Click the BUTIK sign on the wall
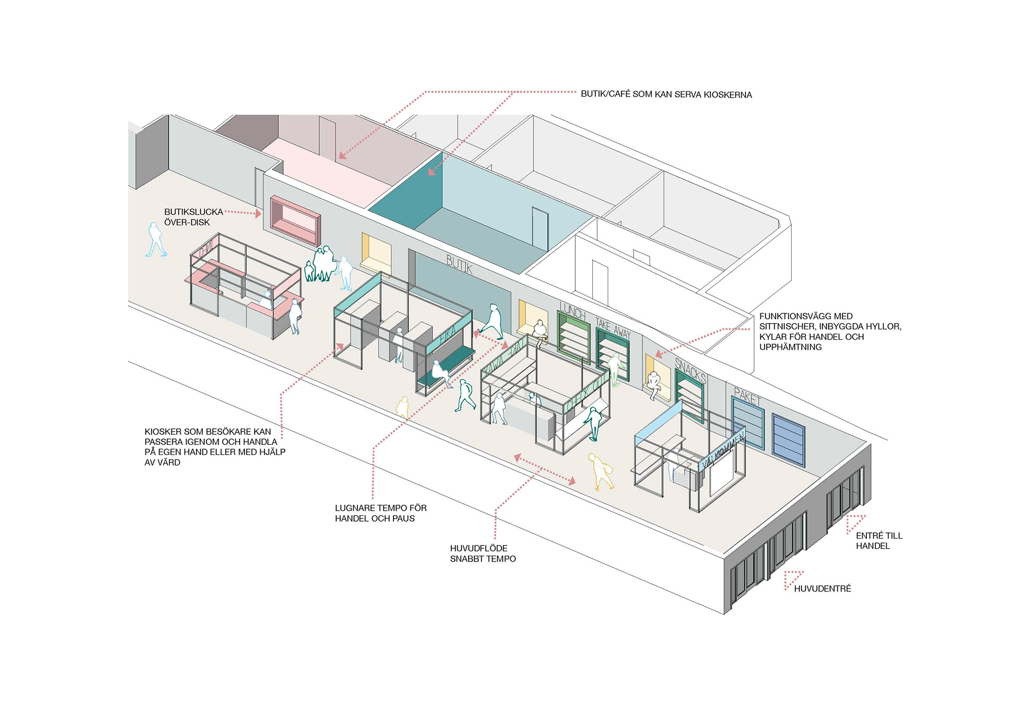coord(459,264)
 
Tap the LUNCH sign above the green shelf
coord(572,311)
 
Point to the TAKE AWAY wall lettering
coord(613,328)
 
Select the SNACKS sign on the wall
coord(690,370)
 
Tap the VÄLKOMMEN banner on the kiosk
coord(723,450)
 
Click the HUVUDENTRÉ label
coord(822,589)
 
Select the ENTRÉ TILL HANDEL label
coord(879,541)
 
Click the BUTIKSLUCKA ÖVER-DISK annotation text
coord(193,217)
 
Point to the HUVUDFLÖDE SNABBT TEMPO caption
coord(482,554)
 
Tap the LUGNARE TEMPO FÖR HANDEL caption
coord(380,513)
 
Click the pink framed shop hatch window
coord(295,221)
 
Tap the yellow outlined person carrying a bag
coord(601,471)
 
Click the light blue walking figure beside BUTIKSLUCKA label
coord(156,240)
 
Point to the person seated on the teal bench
coord(440,373)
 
